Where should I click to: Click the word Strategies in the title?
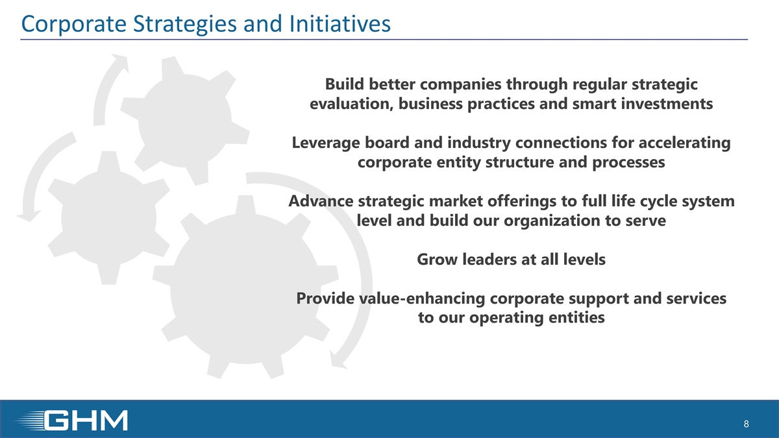click(x=185, y=25)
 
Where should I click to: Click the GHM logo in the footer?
click(x=72, y=420)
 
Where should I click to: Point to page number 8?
click(x=746, y=424)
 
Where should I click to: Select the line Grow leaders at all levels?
click(x=512, y=260)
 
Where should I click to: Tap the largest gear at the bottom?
click(x=245, y=287)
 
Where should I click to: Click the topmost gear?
click(x=184, y=120)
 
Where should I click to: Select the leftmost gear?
click(x=109, y=218)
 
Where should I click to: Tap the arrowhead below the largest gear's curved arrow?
click(x=338, y=359)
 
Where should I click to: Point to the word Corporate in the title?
click(x=74, y=25)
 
